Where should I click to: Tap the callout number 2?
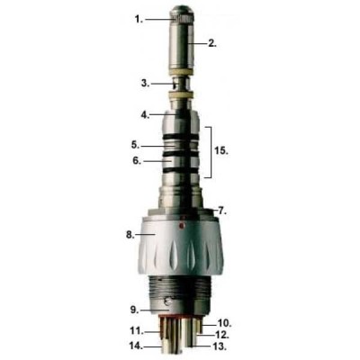tap(212, 42)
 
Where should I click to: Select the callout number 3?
tap(144, 83)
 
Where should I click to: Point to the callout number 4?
tap(144, 114)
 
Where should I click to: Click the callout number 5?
tap(133, 144)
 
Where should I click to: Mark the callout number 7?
tap(221, 210)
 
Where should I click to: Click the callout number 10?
tap(225, 321)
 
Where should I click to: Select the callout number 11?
tap(136, 330)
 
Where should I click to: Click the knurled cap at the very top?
tap(180, 15)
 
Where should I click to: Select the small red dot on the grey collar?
tap(180, 228)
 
